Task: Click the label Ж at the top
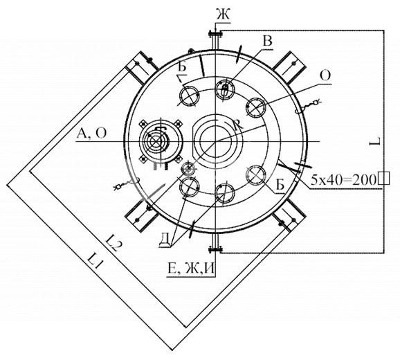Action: point(223,15)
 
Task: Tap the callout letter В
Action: point(267,41)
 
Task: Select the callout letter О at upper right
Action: point(325,75)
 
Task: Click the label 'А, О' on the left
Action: point(91,133)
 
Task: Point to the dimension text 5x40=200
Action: point(343,180)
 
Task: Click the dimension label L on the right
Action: point(376,141)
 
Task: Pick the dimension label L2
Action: point(113,242)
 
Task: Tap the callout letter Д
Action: point(165,240)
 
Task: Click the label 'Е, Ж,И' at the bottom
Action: point(190,269)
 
